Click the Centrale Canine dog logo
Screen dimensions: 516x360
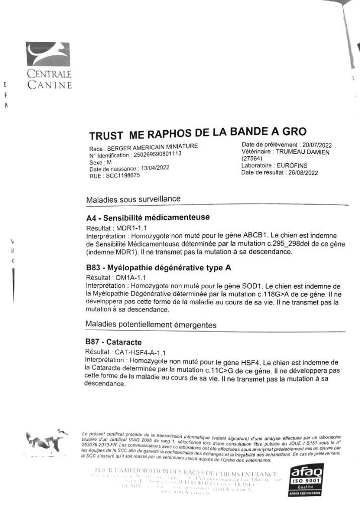[x=48, y=56]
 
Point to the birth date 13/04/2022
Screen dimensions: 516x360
[x=155, y=169]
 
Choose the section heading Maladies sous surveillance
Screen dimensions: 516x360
[x=133, y=199]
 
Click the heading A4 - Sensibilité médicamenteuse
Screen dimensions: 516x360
[x=148, y=218]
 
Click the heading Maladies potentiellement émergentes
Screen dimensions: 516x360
[x=151, y=325]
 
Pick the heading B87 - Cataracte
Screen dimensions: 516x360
[x=114, y=342]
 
